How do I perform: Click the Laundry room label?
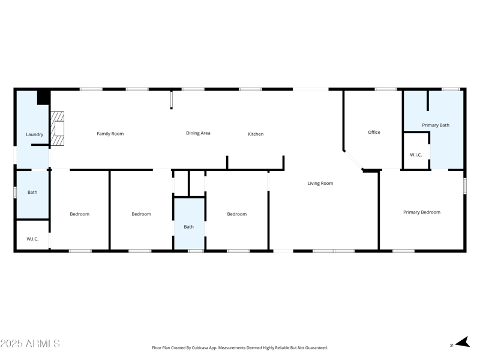[x=34, y=134]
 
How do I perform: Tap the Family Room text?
[x=110, y=134]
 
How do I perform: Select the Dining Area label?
[x=198, y=133]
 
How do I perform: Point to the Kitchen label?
[x=256, y=134]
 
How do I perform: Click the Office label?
[x=374, y=132]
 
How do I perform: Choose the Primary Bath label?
[x=436, y=125]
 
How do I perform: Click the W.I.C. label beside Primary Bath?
[x=416, y=155]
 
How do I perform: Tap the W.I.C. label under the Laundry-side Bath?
[x=32, y=239]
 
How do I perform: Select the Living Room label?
[x=320, y=184]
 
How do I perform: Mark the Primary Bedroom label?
[x=422, y=212]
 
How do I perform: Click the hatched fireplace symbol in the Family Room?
[x=57, y=129]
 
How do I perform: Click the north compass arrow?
[x=461, y=343]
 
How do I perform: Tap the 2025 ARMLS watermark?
[x=30, y=344]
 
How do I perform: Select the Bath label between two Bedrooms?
[x=189, y=227]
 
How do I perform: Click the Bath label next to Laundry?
[x=32, y=193]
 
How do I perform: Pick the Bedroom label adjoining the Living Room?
[x=237, y=214]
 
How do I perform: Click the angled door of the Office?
[x=353, y=161]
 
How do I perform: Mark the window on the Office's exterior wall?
[x=386, y=89]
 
